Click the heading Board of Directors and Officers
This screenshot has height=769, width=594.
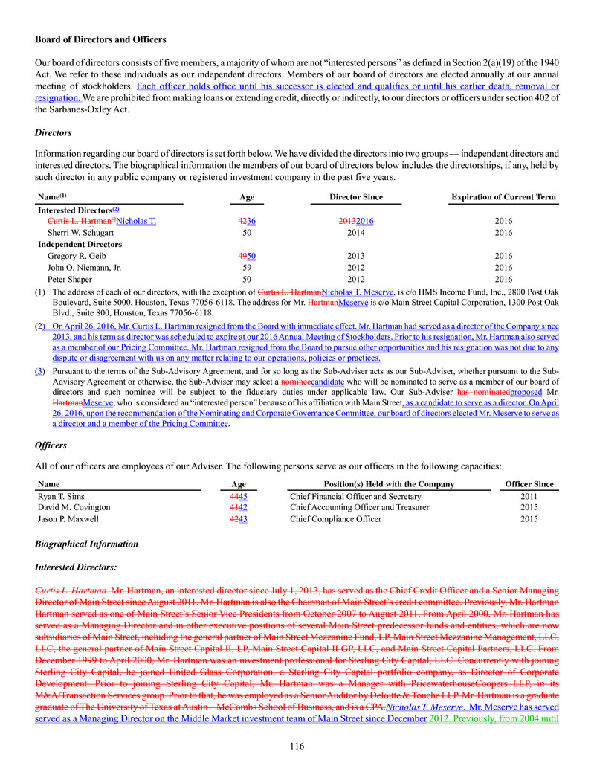tap(100, 39)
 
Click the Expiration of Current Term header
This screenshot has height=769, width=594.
tap(503, 197)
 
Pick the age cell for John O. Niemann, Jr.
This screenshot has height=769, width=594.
tap(247, 267)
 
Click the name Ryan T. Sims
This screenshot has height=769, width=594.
tap(63, 497)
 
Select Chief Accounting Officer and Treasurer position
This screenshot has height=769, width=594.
tap(359, 508)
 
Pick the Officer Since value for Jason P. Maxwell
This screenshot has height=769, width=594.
tap(529, 519)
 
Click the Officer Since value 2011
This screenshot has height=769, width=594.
tap(529, 497)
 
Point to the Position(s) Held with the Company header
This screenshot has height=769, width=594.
tap(379, 484)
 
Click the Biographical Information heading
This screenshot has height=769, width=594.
tap(86, 544)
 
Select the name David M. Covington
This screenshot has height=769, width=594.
tap(74, 508)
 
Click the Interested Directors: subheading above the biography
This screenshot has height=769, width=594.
tap(75, 567)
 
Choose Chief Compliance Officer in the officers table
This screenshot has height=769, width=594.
tap(335, 519)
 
